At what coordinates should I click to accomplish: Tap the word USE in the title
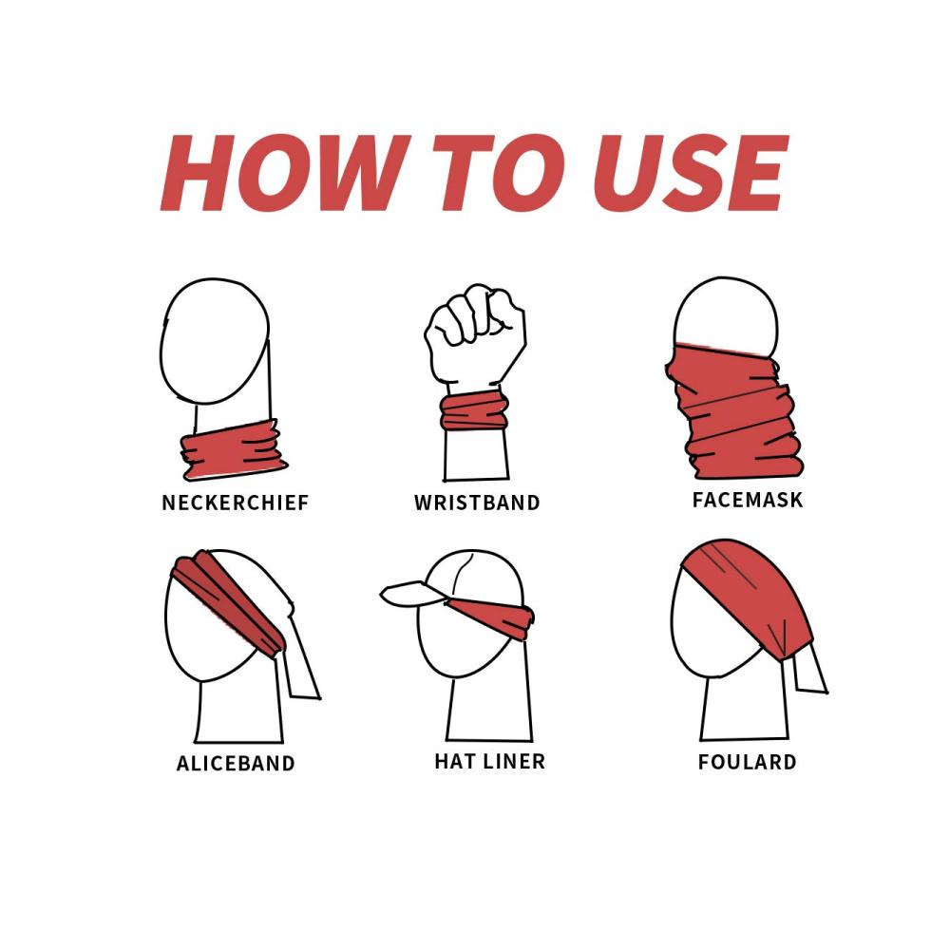[691, 173]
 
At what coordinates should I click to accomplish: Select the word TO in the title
[499, 173]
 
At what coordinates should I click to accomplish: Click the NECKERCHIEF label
[236, 503]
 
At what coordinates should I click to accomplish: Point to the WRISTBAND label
[478, 503]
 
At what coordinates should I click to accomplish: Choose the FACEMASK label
[748, 500]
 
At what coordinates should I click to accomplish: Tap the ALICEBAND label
[236, 763]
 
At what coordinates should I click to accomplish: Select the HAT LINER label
[490, 761]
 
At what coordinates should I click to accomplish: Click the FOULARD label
[748, 762]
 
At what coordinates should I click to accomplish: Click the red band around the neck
[234, 449]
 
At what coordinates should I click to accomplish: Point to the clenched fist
[475, 333]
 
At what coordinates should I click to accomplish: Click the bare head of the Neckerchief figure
[215, 341]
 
